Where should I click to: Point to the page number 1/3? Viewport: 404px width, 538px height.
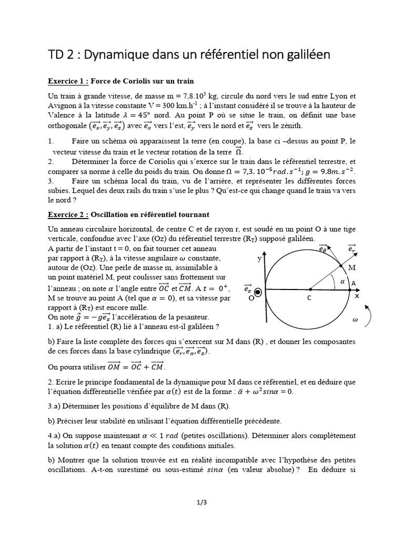pos(202,502)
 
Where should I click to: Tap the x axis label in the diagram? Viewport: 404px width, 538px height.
pos(357,296)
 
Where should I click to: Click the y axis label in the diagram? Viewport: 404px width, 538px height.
pos(259,258)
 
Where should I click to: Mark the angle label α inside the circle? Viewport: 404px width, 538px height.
pos(342,281)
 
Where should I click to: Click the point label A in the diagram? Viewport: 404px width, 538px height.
pos(353,283)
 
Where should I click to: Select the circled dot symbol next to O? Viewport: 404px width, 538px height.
pos(258,291)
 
